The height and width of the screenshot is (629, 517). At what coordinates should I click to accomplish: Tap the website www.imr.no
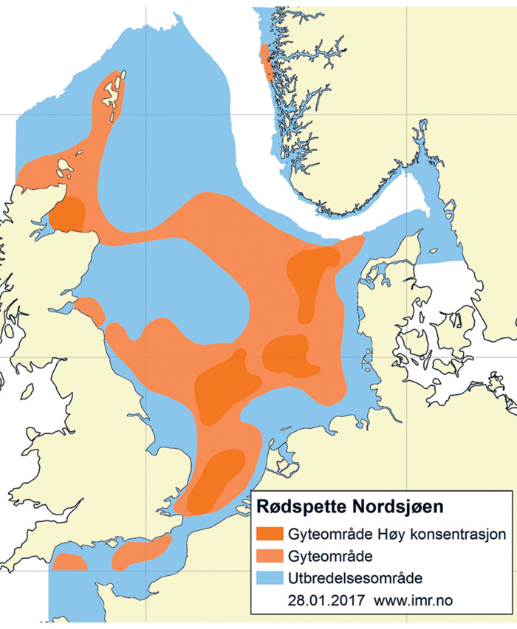[x=414, y=599]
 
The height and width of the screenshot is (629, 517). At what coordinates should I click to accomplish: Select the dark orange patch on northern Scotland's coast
[x=69, y=214]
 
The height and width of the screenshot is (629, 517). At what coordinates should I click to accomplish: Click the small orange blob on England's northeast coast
[x=91, y=309]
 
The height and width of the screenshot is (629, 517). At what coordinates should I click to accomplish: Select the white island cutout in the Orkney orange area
[x=64, y=169]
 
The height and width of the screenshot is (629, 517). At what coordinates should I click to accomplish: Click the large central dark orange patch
[x=222, y=388]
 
